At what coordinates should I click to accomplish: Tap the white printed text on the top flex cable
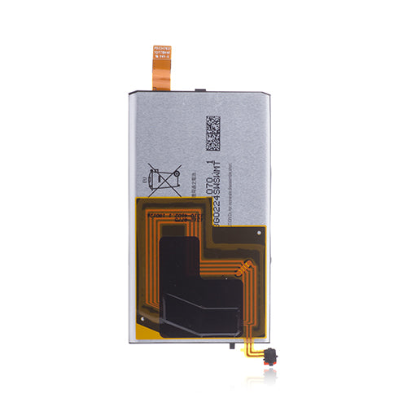[x=163, y=56]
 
